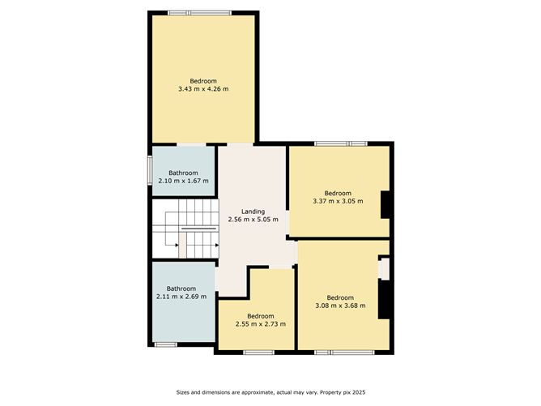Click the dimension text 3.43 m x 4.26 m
[x=203, y=88]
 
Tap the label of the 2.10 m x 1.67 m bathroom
[x=182, y=173]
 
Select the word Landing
[x=253, y=212]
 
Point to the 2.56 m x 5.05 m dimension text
[x=253, y=220]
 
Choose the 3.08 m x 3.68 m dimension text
[x=340, y=306]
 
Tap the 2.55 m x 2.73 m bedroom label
[x=260, y=316]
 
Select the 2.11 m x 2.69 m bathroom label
[x=181, y=288]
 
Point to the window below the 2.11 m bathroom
[x=166, y=344]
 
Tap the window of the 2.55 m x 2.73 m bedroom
[x=259, y=352]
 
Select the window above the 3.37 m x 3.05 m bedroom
[x=340, y=143]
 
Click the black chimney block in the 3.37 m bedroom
[x=387, y=205]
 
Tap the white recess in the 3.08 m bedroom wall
[x=385, y=268]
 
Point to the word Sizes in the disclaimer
[x=184, y=393]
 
